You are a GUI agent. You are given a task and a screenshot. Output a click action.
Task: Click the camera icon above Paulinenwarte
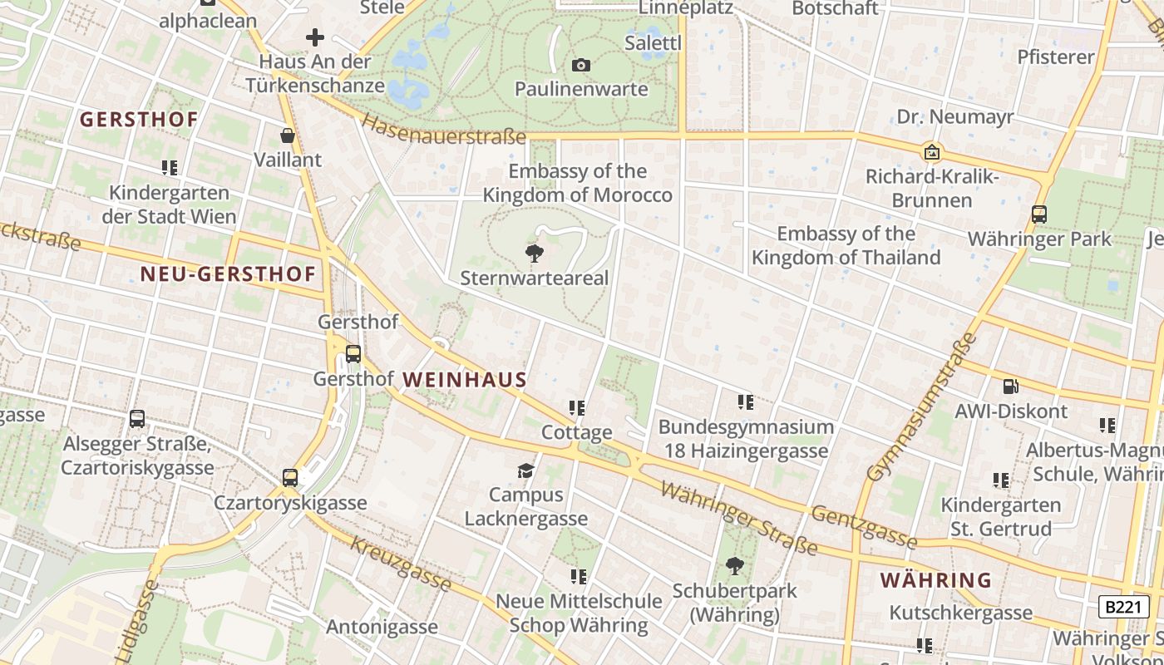coord(581,65)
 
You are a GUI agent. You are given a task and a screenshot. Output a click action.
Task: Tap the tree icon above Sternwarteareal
coord(535,254)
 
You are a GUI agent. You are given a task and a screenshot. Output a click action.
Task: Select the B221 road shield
coord(1122,607)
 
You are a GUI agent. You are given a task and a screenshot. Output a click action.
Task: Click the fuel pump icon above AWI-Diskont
coord(1011,387)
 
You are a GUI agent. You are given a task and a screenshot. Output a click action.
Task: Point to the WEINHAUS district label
coord(465,380)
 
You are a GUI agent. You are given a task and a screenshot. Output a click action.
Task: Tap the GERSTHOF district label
coord(139,120)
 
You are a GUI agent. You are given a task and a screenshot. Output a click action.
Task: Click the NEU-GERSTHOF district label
coord(228,274)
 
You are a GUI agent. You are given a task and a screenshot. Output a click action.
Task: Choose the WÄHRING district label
coord(936,579)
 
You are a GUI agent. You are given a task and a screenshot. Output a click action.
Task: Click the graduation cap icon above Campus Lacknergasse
coord(525,471)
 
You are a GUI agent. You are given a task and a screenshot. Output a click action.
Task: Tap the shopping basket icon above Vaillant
coord(288,135)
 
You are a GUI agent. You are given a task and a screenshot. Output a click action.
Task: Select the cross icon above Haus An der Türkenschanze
coord(314,37)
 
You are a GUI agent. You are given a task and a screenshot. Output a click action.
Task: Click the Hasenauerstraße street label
coord(445,130)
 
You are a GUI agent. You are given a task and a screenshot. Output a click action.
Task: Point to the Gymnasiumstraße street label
coord(921,407)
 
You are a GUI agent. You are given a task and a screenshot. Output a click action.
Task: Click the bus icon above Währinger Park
coord(1039,214)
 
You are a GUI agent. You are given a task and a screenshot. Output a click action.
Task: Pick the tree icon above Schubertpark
coord(734,567)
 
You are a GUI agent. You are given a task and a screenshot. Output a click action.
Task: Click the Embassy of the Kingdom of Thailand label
coord(846,245)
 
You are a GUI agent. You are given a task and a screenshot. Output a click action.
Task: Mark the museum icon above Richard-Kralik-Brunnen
coord(932,152)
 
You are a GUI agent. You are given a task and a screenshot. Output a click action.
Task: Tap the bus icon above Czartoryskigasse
coord(289,478)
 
